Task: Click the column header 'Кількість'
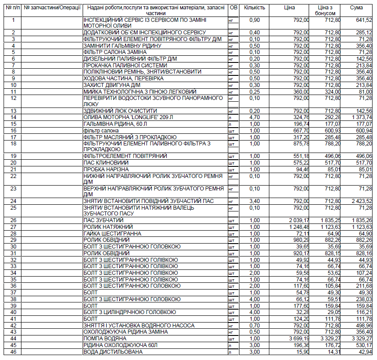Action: [255, 8]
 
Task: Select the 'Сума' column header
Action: [356, 8]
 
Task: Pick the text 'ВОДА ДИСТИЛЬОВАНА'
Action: [113, 352]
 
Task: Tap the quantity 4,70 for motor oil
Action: [254, 117]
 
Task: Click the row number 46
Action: [13, 352]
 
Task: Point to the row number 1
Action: [13, 20]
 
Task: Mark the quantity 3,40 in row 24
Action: [254, 201]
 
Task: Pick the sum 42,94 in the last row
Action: [364, 352]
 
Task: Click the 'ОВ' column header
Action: [233, 8]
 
